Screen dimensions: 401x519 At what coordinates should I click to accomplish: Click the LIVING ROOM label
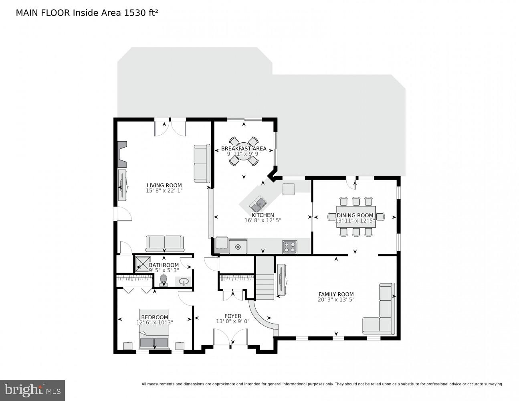tap(164, 185)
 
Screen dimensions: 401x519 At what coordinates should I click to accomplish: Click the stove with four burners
tap(290, 247)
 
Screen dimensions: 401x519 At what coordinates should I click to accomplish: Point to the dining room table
tap(356, 217)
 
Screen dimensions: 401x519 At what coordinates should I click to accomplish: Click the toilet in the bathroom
tap(164, 279)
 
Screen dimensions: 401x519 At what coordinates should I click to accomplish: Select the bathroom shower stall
tap(142, 263)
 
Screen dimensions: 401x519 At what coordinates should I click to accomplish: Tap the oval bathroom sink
tap(184, 282)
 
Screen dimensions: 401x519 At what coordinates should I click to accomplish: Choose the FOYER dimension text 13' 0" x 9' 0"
tap(232, 321)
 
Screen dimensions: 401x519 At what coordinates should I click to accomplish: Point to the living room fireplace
tap(121, 154)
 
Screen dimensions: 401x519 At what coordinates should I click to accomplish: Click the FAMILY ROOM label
tap(336, 294)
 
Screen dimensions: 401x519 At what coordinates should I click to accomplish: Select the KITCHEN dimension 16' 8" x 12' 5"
tap(263, 220)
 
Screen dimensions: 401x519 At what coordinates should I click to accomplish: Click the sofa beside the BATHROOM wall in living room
tap(164, 243)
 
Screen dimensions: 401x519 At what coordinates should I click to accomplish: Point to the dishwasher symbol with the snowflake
tap(238, 246)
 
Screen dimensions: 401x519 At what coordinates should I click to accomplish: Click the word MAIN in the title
tap(25, 13)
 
